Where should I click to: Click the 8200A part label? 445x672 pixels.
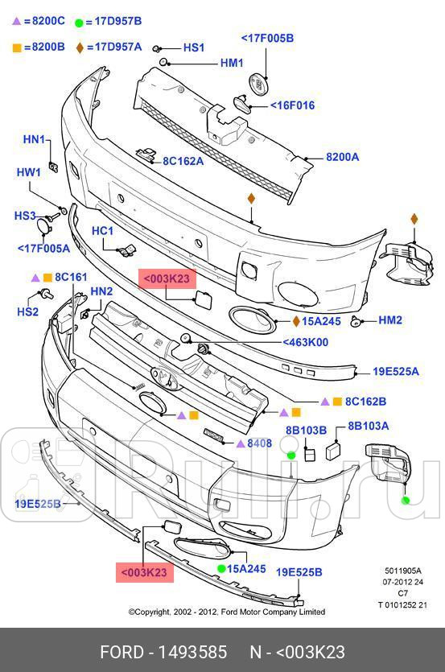coord(342,158)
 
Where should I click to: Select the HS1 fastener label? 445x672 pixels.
coord(194,48)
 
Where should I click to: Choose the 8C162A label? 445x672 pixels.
coord(183,161)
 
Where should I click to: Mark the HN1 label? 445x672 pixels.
coord(34,140)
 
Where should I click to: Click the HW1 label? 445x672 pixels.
coord(29,172)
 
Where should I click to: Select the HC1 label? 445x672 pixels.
coord(103,231)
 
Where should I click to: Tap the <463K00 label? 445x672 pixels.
coord(305,342)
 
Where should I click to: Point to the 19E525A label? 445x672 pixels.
coord(395,372)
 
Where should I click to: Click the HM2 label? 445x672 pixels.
coord(389,320)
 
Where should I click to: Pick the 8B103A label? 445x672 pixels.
coord(368,426)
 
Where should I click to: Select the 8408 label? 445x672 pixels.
coord(259,443)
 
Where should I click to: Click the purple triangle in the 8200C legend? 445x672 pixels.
coord(16,21)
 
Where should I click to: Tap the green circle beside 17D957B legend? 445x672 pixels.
coord(79,21)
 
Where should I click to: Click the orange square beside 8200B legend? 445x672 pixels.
coord(16,47)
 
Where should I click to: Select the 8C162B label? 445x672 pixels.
coord(365,401)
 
